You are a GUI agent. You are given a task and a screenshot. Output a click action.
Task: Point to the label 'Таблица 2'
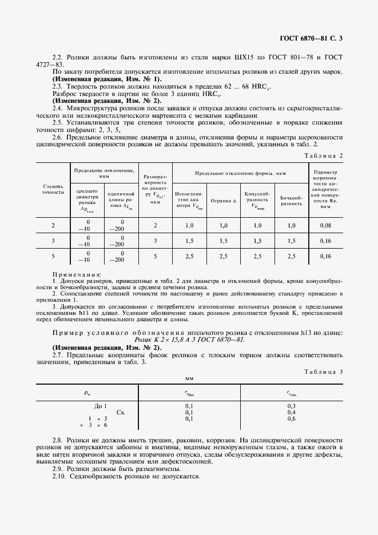324,155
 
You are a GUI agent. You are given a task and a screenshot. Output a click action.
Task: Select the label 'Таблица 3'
324,372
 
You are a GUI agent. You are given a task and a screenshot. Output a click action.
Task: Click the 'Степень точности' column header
53,189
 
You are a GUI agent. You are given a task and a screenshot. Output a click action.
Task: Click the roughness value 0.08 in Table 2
325,226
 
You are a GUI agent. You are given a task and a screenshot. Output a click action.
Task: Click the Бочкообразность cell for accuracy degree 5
292,257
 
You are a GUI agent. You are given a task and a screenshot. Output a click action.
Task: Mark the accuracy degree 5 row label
53,257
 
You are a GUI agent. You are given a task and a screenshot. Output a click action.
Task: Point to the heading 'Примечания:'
77,274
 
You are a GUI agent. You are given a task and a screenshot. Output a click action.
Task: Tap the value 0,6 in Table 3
291,419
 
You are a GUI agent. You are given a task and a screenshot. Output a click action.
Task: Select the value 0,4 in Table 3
291,412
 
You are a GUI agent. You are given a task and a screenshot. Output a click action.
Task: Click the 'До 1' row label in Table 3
101,405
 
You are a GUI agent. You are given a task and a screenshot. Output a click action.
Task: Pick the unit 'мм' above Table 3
189,378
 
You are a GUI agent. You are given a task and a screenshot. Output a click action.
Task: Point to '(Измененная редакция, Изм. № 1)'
107,78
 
